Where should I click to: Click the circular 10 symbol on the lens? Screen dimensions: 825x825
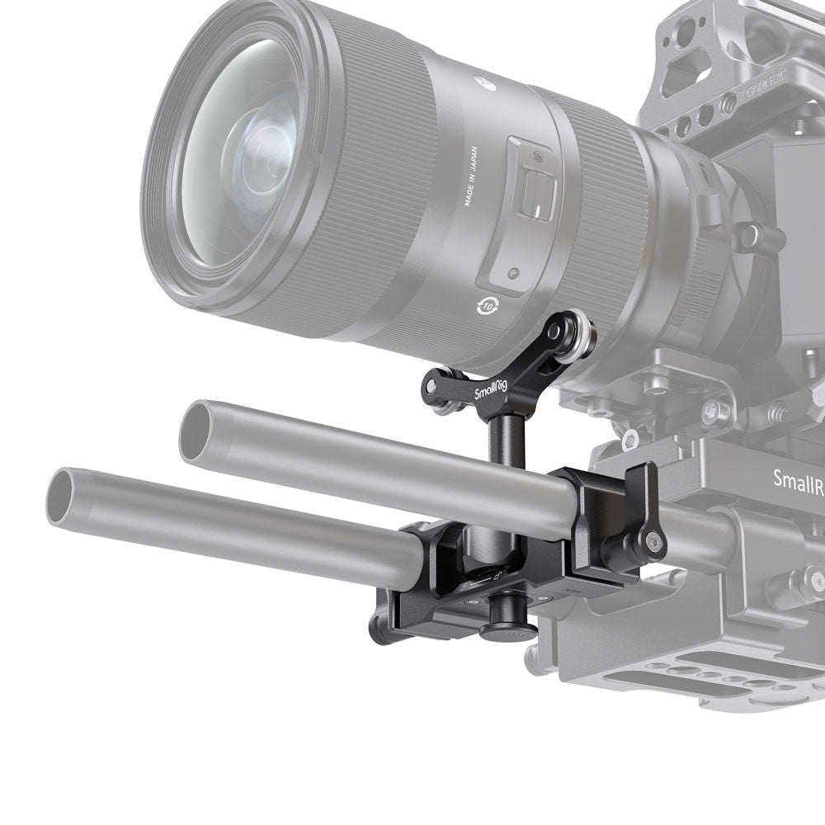click(x=486, y=306)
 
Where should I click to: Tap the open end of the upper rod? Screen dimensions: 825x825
click(x=198, y=431)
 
